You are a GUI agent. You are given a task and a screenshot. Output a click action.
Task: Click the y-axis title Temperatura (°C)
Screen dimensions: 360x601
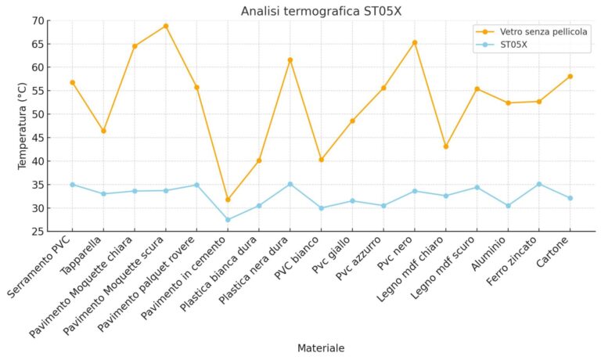[x=23, y=126]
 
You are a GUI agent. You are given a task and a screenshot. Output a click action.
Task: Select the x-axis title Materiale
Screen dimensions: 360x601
[x=321, y=347]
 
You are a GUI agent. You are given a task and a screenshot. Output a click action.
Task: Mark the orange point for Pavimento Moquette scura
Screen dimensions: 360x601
[x=165, y=26]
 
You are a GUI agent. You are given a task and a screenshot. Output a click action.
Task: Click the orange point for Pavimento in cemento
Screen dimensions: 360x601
[x=228, y=200]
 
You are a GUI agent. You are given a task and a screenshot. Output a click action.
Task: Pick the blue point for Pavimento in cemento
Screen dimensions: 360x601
[x=228, y=220]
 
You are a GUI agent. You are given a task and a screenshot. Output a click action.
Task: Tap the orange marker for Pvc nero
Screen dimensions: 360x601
[x=415, y=42]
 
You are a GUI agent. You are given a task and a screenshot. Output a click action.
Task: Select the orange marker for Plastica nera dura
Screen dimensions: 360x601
[x=290, y=59]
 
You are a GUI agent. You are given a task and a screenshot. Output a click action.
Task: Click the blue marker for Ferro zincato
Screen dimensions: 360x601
[x=539, y=184]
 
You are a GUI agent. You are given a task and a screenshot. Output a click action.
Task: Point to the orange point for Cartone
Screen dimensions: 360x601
[x=570, y=76]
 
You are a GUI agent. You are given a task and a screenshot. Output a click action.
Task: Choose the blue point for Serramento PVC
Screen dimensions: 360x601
[x=72, y=185]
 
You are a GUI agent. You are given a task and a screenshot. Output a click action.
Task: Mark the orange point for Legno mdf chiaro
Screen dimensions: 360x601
[x=446, y=146]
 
